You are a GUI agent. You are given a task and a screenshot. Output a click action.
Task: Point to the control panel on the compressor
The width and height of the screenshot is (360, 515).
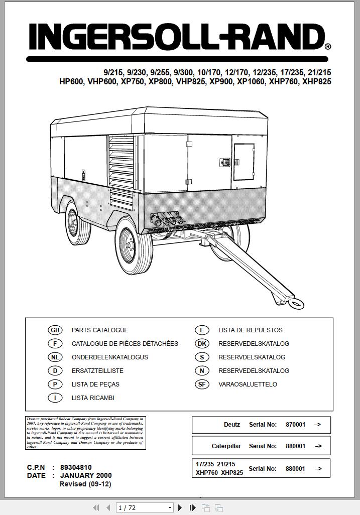point(244,162)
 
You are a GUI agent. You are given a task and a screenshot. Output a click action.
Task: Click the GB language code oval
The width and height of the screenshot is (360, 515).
point(55,330)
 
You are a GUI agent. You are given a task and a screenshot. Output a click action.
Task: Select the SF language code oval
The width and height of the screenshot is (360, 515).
point(201,384)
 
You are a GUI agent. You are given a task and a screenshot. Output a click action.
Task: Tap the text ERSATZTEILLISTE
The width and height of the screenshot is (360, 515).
point(97,371)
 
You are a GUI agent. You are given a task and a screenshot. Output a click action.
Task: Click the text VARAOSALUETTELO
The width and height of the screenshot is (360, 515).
point(248,384)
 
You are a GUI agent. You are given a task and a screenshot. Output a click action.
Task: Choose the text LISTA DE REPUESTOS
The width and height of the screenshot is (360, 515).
point(250,330)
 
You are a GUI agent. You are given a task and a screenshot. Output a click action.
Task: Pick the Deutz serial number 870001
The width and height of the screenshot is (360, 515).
point(295,425)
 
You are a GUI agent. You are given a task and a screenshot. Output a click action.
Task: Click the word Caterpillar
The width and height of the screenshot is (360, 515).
point(226,446)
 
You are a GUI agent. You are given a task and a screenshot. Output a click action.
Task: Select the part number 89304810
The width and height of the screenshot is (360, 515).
point(76,467)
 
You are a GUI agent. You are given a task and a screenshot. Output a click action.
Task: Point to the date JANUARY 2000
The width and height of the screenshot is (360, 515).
point(86,475)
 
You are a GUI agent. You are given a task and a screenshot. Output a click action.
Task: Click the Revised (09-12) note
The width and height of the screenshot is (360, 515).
point(85,484)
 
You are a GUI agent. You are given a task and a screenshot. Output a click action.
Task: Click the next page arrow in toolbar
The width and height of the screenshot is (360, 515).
point(180,508)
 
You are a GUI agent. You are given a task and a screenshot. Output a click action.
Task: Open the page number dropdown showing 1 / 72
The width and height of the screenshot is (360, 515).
point(145,508)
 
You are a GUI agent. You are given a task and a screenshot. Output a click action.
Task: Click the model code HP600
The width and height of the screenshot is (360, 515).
point(71,81)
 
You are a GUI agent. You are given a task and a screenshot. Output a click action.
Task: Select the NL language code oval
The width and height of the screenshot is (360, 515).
point(55,357)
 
